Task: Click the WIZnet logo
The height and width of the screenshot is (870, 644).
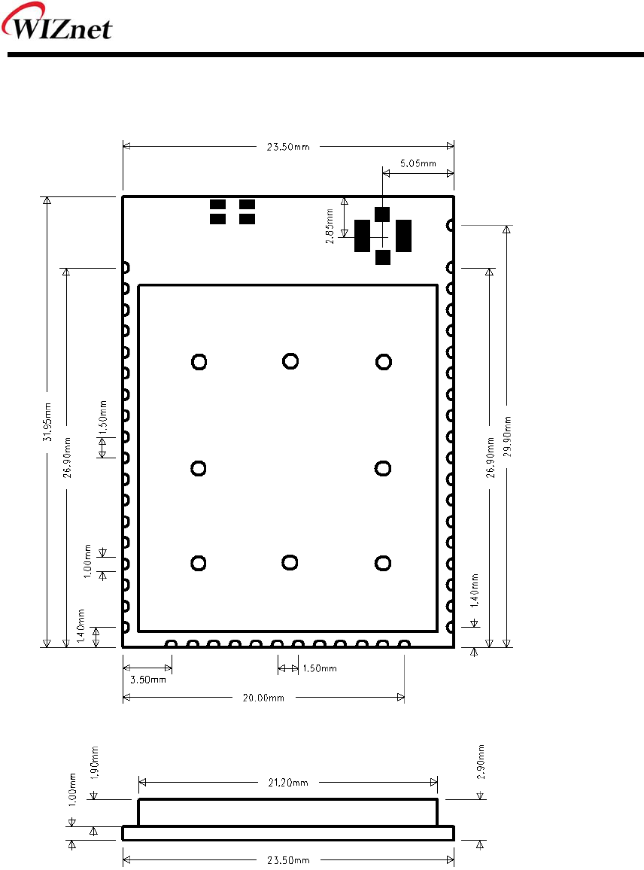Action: (56, 22)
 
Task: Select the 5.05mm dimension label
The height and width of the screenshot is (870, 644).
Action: (418, 163)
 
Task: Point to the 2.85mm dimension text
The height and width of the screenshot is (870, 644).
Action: (330, 227)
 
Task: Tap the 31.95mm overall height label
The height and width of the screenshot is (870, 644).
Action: (47, 422)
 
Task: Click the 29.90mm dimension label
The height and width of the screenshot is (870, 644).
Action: (507, 437)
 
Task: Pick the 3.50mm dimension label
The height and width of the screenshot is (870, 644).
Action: (148, 680)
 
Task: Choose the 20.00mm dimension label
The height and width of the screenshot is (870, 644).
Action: (263, 698)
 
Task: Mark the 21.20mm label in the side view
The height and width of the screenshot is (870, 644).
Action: (288, 783)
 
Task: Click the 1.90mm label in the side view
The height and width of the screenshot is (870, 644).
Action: (94, 763)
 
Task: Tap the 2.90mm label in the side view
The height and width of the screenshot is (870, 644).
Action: (481, 762)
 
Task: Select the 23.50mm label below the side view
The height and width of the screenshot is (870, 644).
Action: (288, 860)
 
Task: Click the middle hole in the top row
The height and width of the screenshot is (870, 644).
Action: (290, 361)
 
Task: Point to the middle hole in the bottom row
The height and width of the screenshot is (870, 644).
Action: (290, 563)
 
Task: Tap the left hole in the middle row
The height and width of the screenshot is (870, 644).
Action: (198, 468)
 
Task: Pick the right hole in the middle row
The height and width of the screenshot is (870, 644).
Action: (383, 468)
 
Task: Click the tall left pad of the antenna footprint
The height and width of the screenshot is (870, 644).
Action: (362, 236)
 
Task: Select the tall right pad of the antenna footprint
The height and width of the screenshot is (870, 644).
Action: (403, 236)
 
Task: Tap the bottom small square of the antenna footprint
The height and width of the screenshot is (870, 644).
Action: (383, 257)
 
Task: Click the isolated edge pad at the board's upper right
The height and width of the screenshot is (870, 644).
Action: (451, 225)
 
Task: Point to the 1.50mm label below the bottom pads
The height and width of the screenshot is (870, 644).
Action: (320, 668)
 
